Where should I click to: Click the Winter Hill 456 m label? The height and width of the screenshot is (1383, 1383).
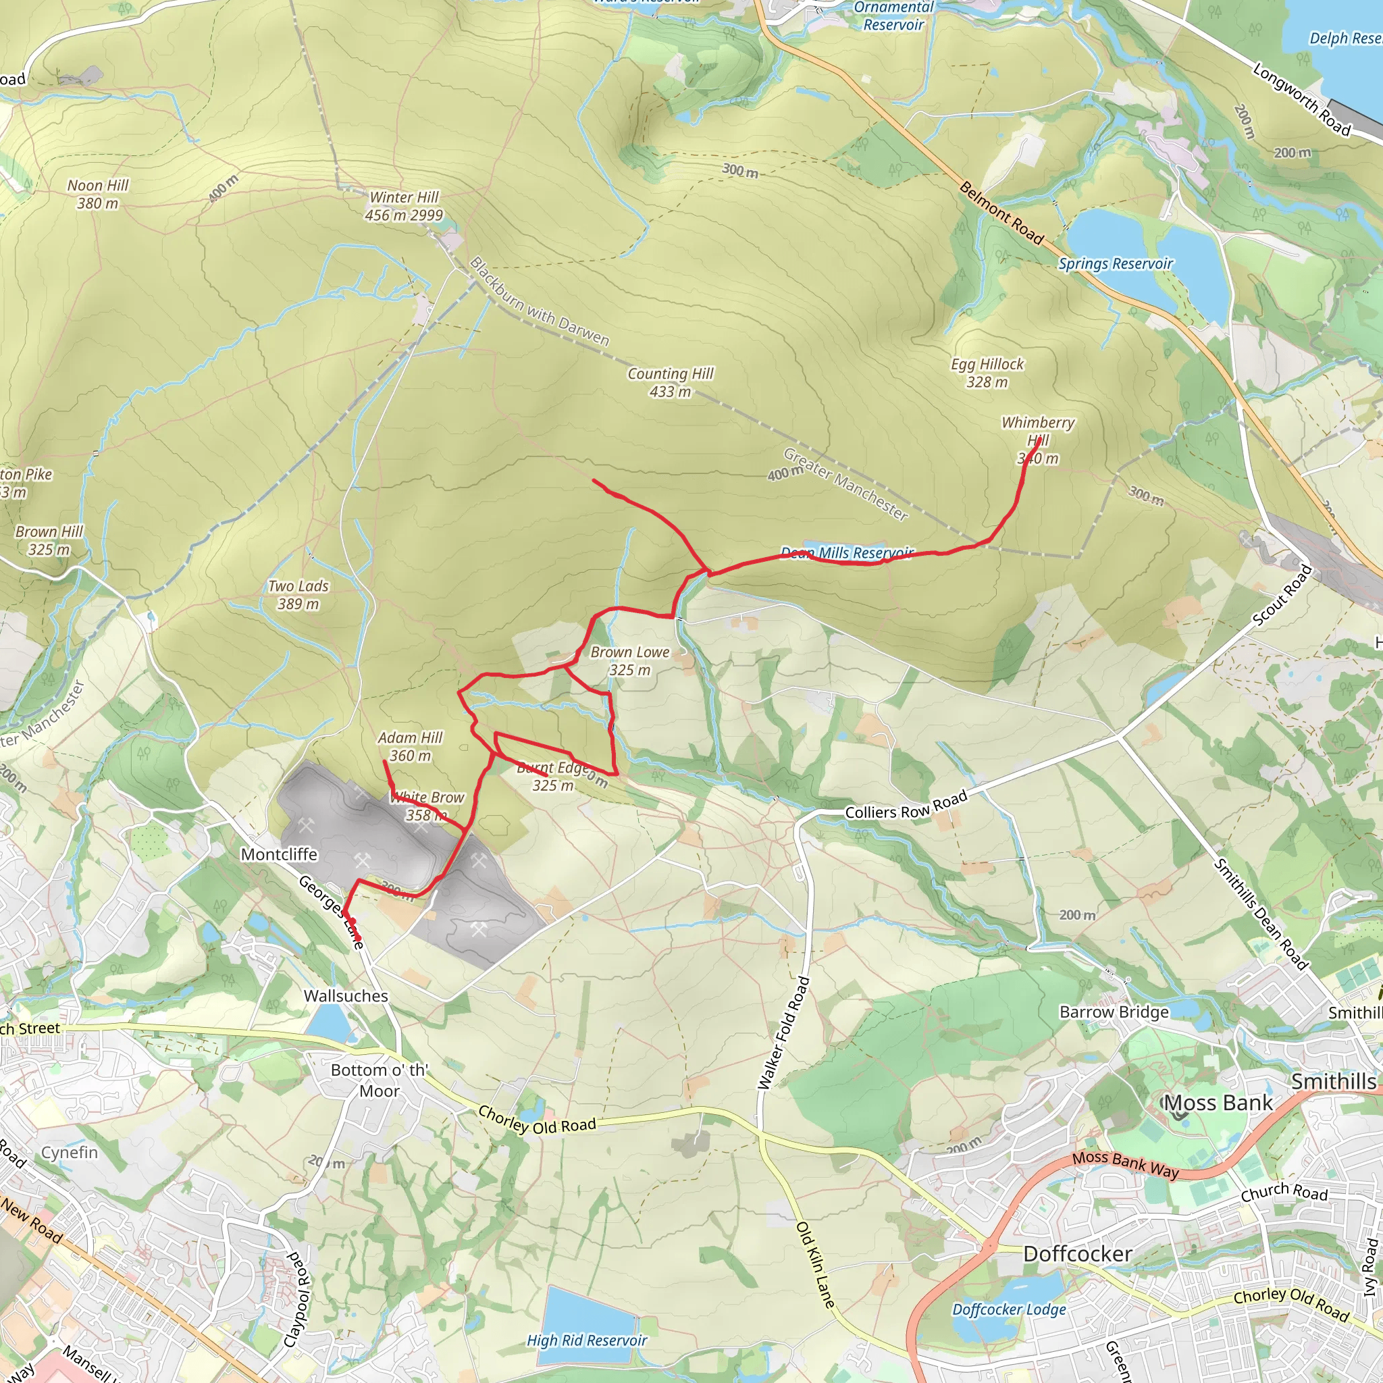pos(405,206)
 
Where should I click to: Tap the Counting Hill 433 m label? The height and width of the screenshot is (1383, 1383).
pos(670,382)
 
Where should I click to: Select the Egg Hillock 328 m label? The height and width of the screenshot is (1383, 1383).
pos(987,373)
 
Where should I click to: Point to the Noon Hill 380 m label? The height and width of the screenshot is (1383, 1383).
pos(98,194)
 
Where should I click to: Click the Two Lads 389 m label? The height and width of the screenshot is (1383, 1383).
pos(298,595)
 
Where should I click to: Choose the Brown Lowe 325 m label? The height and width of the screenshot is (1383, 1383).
pos(630,660)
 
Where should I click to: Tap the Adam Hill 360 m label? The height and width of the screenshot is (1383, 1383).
pos(410,746)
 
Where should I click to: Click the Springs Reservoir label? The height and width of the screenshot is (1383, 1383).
pos(1116,263)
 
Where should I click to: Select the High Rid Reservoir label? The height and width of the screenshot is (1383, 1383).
pos(586,1340)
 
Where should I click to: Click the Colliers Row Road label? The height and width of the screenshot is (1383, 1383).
pos(906,804)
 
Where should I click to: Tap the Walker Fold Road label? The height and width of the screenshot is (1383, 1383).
pos(783,1033)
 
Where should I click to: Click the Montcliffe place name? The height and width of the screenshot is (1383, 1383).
pos(279,854)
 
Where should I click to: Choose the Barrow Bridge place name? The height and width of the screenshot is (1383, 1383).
pos(1114,1012)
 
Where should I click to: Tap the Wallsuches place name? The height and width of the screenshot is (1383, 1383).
pos(346,996)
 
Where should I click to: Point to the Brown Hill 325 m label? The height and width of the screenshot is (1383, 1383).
pos(49,540)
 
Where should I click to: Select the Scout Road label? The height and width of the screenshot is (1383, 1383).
pos(1283,596)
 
